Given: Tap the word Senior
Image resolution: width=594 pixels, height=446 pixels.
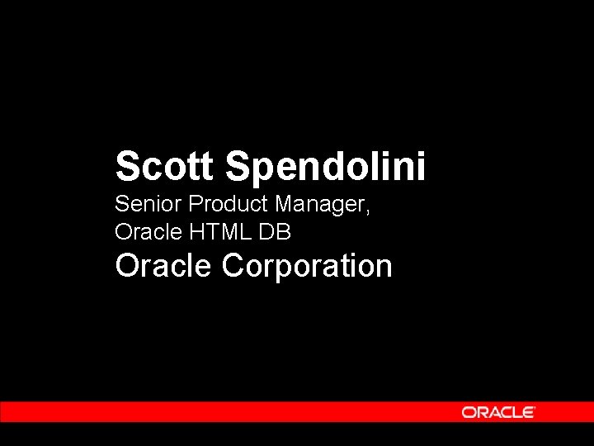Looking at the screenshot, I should click(x=149, y=203).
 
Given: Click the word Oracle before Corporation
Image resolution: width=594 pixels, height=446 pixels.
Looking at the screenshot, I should click(x=165, y=267).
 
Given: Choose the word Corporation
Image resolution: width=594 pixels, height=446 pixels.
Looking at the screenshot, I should click(x=307, y=267).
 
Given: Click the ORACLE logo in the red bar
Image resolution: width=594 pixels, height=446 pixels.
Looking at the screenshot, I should click(x=497, y=412).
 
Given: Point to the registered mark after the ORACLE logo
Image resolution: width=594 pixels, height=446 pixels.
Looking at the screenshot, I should click(x=535, y=408).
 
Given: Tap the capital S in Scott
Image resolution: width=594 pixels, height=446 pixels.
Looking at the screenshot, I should click(x=128, y=166).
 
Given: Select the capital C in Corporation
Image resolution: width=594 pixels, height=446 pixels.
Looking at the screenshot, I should click(x=233, y=267).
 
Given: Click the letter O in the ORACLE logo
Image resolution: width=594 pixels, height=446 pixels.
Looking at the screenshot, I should click(x=468, y=412).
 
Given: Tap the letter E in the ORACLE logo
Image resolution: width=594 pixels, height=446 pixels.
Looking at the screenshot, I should click(x=526, y=412).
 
